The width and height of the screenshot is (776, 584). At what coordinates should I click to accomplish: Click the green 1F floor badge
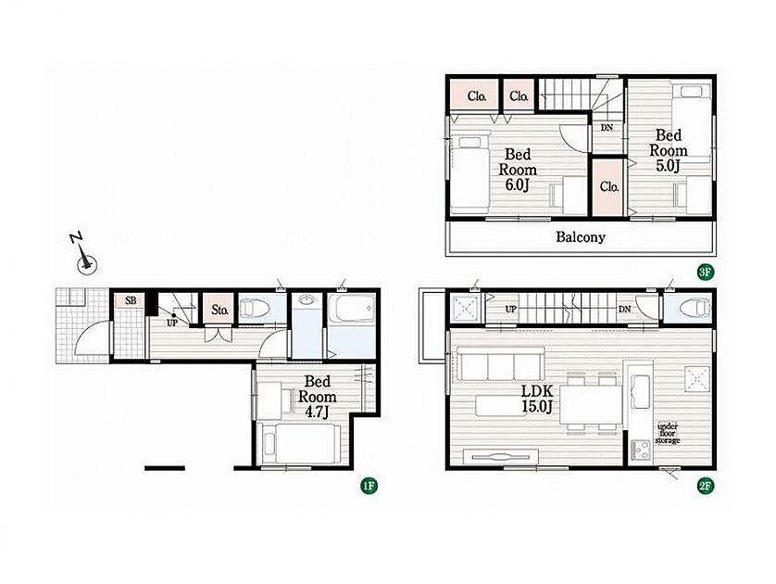tap(369, 486)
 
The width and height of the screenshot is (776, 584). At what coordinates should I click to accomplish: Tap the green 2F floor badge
tap(705, 486)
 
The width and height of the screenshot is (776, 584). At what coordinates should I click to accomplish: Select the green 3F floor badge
tap(705, 272)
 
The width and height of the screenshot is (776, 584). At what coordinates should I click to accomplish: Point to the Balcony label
tap(581, 237)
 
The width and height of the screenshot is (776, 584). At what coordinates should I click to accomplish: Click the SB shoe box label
tap(131, 300)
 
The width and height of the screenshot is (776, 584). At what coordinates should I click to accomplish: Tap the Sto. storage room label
tap(219, 311)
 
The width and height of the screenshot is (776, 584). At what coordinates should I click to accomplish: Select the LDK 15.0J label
tap(537, 399)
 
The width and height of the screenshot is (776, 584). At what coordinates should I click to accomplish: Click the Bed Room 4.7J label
tap(317, 397)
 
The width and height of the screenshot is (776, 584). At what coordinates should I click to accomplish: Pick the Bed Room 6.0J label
tap(518, 170)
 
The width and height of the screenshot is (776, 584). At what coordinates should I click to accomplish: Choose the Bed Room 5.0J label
tap(668, 150)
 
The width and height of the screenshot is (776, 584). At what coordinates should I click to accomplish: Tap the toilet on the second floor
tap(696, 308)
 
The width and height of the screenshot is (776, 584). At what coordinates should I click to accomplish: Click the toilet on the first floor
tap(255, 310)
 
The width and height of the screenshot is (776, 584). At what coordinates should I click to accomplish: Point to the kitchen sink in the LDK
tap(642, 391)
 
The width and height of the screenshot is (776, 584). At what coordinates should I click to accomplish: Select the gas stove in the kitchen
tap(642, 450)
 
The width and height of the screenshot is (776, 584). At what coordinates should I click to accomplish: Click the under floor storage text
tap(668, 434)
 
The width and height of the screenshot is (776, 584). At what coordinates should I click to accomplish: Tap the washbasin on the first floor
tap(307, 300)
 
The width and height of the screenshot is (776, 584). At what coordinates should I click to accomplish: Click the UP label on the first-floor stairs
tap(171, 323)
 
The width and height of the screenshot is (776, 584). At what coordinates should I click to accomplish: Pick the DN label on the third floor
tap(607, 128)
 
